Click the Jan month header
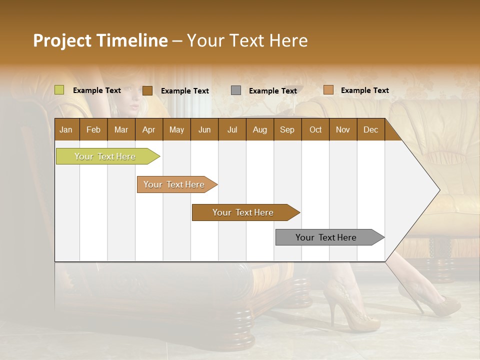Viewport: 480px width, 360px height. click(66, 129)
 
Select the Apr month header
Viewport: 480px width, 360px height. click(148, 129)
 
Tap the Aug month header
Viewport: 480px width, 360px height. click(259, 129)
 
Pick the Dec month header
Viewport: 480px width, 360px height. click(370, 129)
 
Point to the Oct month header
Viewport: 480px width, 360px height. click(315, 129)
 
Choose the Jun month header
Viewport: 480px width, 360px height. click(204, 129)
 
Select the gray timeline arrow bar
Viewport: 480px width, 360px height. click(327, 237)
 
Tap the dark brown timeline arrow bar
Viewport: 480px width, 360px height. click(244, 212)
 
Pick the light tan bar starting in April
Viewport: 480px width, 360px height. click(175, 184)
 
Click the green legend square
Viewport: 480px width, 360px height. click(59, 90)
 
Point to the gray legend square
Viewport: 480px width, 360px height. click(236, 90)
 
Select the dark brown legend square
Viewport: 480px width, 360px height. click(147, 90)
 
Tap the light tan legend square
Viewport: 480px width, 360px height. click(328, 90)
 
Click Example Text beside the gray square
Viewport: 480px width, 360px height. click(272, 90)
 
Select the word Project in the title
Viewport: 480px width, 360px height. click(62, 40)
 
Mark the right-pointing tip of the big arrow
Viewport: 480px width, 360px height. click(438, 190)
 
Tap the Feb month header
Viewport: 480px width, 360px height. click(93, 129)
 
